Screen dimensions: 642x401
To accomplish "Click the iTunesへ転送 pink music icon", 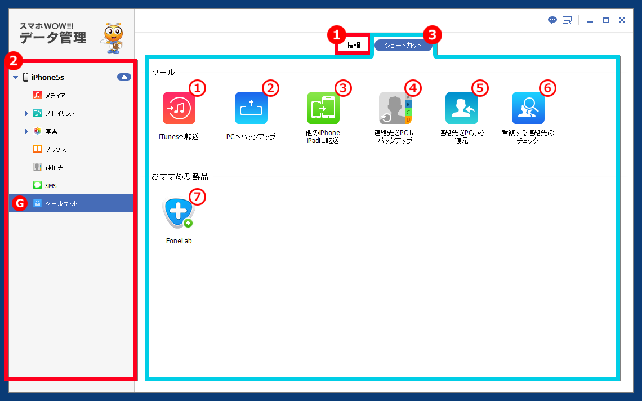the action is pos(179,108).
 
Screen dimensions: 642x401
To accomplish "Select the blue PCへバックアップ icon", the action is pos(251,108).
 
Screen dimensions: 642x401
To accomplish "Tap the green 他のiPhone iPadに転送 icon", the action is pos(323,108).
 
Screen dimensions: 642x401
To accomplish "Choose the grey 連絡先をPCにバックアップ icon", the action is pos(395,108).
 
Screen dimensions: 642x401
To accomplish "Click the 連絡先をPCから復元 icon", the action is pos(462,108).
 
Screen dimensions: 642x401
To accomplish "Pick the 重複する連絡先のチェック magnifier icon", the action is pos(528,108).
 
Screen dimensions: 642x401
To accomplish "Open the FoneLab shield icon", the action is pos(179,212).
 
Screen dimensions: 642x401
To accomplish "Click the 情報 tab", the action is pos(353,45).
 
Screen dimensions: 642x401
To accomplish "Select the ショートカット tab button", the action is pos(403,46).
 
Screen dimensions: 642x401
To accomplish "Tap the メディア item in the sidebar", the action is pos(55,95).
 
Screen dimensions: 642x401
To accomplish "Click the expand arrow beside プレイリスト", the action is pos(26,113).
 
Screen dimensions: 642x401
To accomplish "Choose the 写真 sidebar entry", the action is pos(51,131).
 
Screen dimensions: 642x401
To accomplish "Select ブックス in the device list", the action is pos(55,149).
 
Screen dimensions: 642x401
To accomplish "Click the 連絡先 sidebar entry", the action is pos(53,167).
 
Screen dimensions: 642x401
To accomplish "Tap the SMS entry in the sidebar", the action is pos(50,185).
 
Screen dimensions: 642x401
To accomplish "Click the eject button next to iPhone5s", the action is pos(124,77).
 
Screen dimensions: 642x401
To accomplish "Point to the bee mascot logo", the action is pos(112,38).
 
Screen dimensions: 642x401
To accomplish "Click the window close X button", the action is pos(622,20).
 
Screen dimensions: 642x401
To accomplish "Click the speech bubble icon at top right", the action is pos(552,20).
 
